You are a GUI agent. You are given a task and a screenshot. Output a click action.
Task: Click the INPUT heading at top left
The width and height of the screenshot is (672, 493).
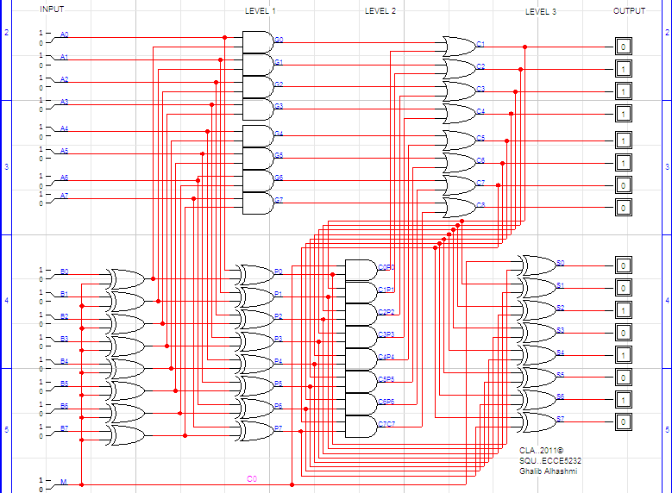(x=52, y=9)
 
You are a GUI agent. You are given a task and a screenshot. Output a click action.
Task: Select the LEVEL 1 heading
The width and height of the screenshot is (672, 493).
(x=261, y=11)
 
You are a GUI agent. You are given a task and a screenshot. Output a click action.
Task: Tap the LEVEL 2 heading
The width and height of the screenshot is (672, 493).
(x=380, y=11)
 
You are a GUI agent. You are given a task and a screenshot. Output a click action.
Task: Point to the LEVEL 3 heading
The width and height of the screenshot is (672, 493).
(x=541, y=11)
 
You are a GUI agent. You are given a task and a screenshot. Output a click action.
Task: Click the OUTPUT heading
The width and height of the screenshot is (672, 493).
(x=629, y=11)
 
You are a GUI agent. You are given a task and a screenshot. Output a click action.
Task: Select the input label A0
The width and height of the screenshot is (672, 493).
(x=64, y=35)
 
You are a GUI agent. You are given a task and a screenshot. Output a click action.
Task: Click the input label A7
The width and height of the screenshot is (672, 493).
(x=64, y=196)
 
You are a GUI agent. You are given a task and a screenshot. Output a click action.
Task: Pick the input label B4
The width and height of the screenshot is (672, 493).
(x=64, y=361)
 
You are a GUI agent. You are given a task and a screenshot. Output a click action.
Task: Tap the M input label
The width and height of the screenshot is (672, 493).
(x=62, y=482)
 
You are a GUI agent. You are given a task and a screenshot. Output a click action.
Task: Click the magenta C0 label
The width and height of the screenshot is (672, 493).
(x=252, y=478)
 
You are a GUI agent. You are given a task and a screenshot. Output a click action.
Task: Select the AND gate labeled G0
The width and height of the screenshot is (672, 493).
(x=257, y=41)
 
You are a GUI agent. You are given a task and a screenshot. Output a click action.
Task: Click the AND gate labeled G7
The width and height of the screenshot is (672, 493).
(x=257, y=203)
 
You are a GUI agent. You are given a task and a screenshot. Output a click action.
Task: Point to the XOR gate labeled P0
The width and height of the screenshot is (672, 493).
(x=254, y=275)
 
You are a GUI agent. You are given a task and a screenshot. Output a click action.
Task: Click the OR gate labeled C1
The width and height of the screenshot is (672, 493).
(x=458, y=47)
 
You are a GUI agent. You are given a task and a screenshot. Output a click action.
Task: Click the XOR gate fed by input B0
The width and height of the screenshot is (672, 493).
(x=126, y=278)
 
